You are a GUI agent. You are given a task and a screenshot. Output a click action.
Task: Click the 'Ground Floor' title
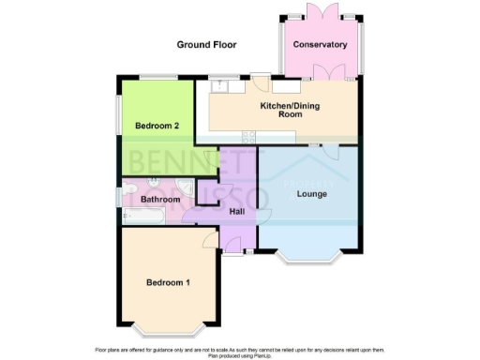pyautogui.click(x=207, y=44)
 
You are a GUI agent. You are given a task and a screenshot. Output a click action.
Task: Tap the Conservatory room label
pyautogui.click(x=320, y=45)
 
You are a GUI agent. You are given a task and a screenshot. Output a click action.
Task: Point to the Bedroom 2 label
pyautogui.click(x=157, y=126)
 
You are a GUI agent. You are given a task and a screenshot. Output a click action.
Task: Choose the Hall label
pyautogui.click(x=236, y=213)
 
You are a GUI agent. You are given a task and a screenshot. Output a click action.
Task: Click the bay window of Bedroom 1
pyautogui.click(x=168, y=329)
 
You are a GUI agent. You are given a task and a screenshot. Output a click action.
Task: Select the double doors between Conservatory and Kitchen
pyautogui.click(x=330, y=76)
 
